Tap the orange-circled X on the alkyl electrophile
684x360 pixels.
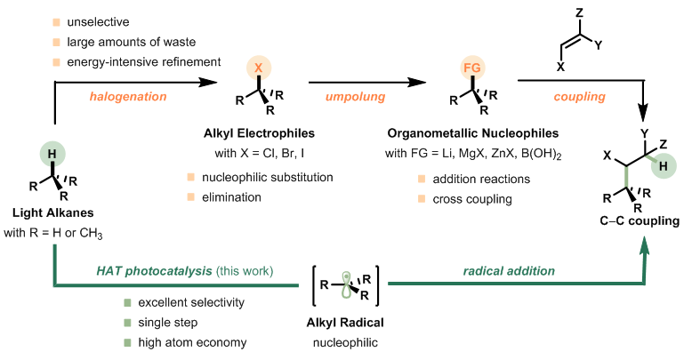258,68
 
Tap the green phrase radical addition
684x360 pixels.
515,269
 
